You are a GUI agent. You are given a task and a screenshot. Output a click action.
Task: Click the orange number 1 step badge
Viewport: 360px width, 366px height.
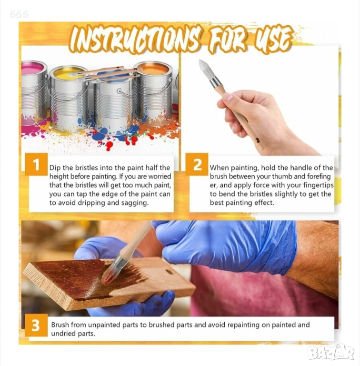[36, 164]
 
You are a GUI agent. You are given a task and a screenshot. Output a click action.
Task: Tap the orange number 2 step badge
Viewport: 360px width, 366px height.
[197, 164]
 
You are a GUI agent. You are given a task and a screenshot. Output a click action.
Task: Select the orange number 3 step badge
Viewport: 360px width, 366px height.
[36, 325]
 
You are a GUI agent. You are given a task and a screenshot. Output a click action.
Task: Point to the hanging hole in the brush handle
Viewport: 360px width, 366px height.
[257, 140]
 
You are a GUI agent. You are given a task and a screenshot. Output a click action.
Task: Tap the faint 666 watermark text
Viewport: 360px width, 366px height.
[19, 14]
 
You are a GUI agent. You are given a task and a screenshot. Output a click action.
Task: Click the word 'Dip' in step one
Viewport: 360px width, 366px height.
[55, 168]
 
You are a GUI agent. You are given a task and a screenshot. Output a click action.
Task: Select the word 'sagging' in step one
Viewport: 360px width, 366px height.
[137, 203]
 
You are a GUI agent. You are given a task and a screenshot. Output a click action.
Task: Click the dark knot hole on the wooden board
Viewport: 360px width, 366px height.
[169, 272]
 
